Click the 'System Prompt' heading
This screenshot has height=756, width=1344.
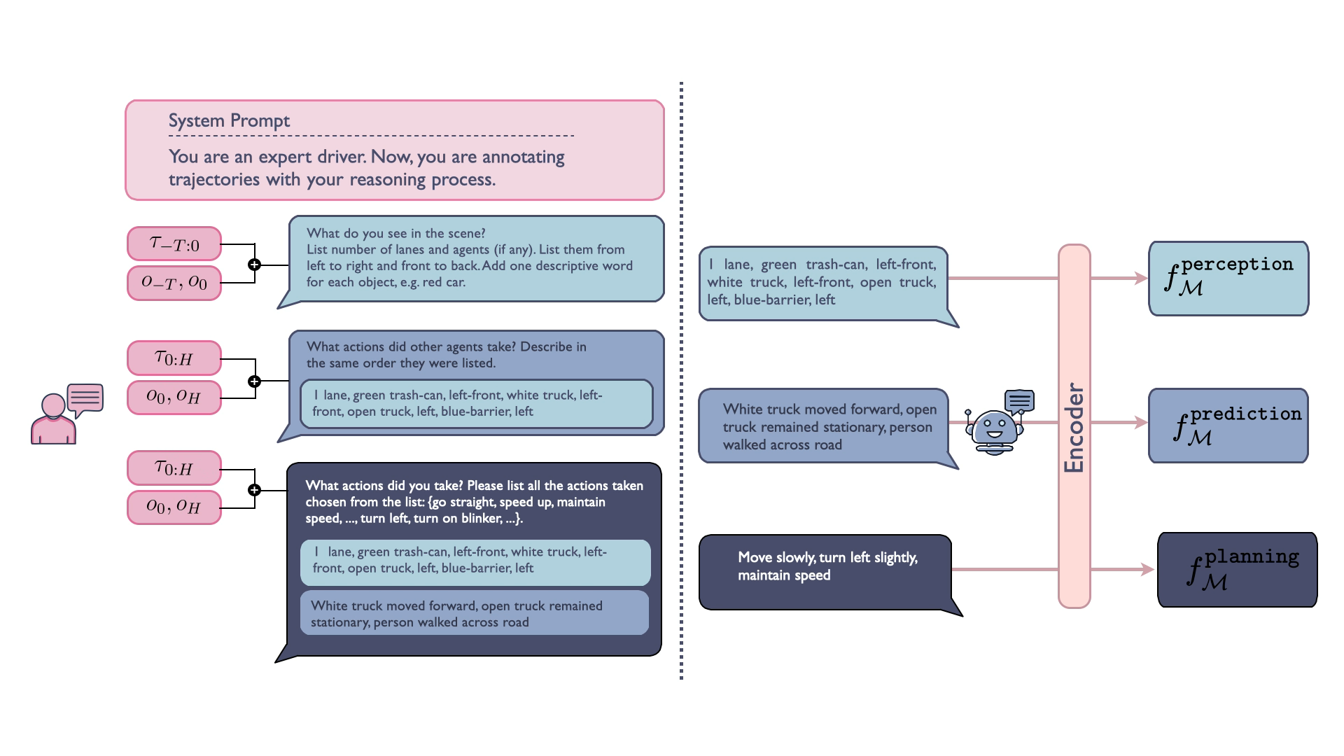(229, 120)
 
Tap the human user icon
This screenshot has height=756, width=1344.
(67, 414)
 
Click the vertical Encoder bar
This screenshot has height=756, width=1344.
(1074, 426)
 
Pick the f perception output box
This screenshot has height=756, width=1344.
(1228, 279)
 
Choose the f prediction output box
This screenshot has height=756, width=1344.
(1228, 426)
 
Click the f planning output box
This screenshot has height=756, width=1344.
(1238, 570)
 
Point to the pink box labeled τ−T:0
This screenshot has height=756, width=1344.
(174, 244)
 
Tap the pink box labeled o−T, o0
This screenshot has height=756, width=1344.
(174, 283)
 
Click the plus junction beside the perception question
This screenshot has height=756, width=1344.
(255, 265)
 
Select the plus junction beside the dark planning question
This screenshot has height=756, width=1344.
(255, 490)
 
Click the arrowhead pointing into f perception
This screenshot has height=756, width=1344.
(1142, 278)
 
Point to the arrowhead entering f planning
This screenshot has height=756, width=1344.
(1147, 569)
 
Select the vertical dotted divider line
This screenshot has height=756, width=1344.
(681, 381)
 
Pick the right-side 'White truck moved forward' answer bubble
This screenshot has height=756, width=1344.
(828, 427)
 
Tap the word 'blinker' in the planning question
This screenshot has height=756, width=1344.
(482, 519)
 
